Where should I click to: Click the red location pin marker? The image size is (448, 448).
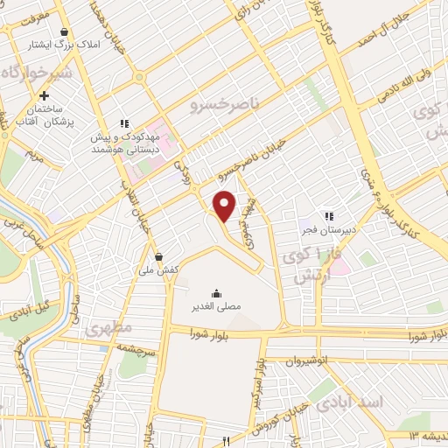(225, 206)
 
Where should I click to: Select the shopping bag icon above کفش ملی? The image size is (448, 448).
(159, 256)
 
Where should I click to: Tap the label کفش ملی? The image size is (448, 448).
(159, 270)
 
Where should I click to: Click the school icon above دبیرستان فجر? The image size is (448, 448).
(329, 216)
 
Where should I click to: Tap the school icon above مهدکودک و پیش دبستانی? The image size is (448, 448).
(125, 123)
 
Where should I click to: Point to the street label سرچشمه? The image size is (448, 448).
(136, 347)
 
